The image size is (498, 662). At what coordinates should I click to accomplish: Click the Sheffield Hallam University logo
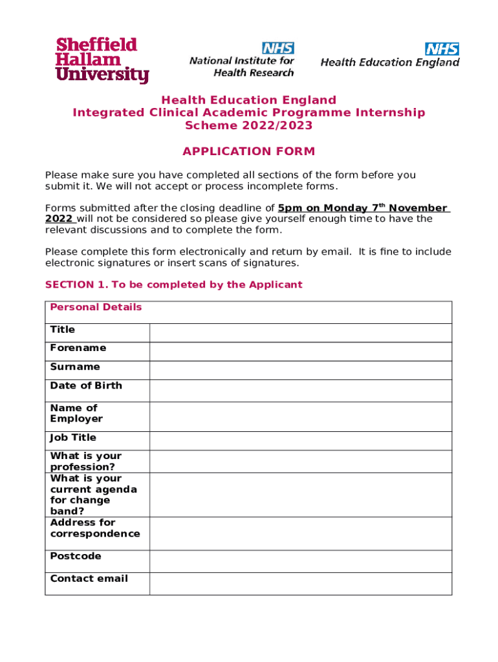(x=102, y=60)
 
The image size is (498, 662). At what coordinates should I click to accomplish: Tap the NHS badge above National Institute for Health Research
(x=278, y=48)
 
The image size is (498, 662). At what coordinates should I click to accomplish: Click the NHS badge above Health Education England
(x=442, y=48)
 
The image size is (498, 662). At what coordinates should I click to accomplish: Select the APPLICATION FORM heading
(x=248, y=151)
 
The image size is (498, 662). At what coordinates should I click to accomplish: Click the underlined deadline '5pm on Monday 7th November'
(x=362, y=208)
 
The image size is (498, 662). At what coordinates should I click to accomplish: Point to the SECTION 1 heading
(x=173, y=284)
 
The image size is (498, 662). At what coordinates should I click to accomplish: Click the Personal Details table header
(x=96, y=307)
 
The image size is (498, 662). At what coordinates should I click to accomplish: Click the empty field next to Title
(x=300, y=333)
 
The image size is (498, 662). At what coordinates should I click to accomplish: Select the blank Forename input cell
(x=300, y=352)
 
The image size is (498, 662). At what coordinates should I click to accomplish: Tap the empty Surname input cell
(x=300, y=370)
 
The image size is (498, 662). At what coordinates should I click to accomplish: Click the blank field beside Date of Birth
(x=300, y=390)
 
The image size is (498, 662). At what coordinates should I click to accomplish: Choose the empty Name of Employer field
(x=300, y=417)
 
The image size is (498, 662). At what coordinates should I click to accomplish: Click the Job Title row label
(x=73, y=438)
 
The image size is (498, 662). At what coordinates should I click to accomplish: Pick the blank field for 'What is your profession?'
(x=300, y=462)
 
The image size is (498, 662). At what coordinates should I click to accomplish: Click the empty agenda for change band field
(x=300, y=495)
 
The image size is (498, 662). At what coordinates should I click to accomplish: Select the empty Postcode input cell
(x=300, y=561)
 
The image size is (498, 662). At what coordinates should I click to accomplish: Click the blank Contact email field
(x=300, y=583)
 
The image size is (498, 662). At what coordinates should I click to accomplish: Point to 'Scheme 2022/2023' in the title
(x=248, y=125)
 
